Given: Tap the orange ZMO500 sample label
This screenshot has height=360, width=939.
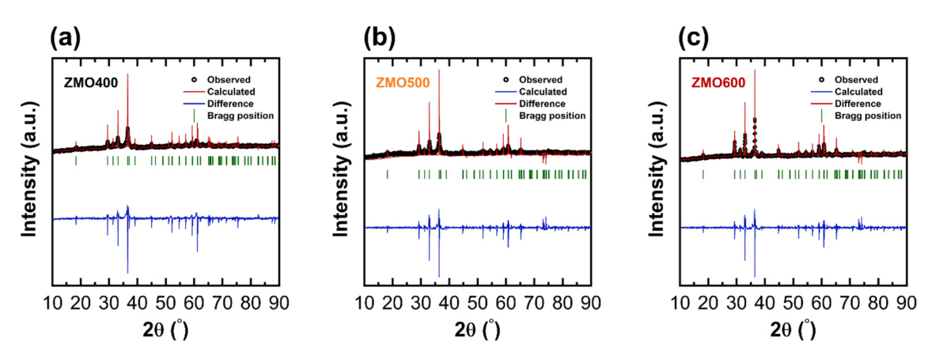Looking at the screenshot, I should pos(403,83).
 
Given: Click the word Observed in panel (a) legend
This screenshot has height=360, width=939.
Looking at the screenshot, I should pos(229,79).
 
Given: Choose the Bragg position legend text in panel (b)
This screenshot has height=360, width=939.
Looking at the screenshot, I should pos(552,116).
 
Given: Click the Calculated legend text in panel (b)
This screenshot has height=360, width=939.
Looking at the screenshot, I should pos(544,91).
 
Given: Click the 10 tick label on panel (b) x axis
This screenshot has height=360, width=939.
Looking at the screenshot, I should pos(365,302).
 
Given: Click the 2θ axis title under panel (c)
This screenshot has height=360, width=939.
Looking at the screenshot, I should pos(793,330).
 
